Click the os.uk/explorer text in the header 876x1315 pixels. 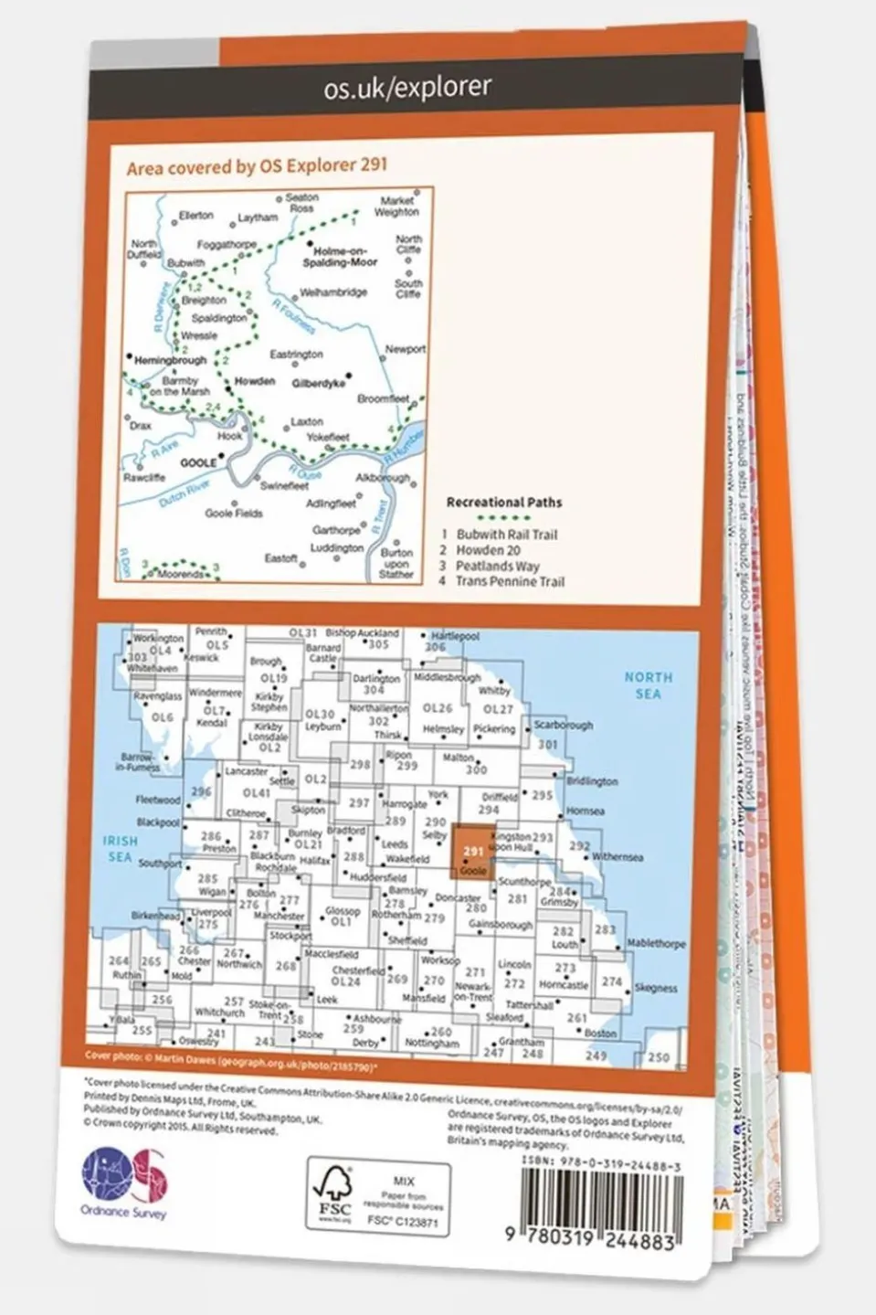click(x=407, y=88)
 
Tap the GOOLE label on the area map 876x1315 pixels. click(x=198, y=462)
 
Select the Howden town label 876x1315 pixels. click(x=255, y=381)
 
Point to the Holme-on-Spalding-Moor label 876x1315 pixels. click(x=339, y=257)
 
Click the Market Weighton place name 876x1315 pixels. click(x=396, y=206)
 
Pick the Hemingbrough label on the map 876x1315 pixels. click(x=170, y=360)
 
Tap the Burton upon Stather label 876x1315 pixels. click(x=396, y=563)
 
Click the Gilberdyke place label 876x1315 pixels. click(x=319, y=383)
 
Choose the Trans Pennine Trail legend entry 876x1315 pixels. click(x=509, y=581)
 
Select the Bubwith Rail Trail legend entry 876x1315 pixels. click(x=506, y=535)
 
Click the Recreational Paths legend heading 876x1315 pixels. click(x=503, y=502)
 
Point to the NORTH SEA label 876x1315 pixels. click(x=648, y=685)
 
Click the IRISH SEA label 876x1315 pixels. click(x=120, y=848)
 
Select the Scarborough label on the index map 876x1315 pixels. click(x=563, y=725)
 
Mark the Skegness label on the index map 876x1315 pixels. click(x=655, y=988)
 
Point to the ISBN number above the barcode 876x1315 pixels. click(x=601, y=1161)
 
